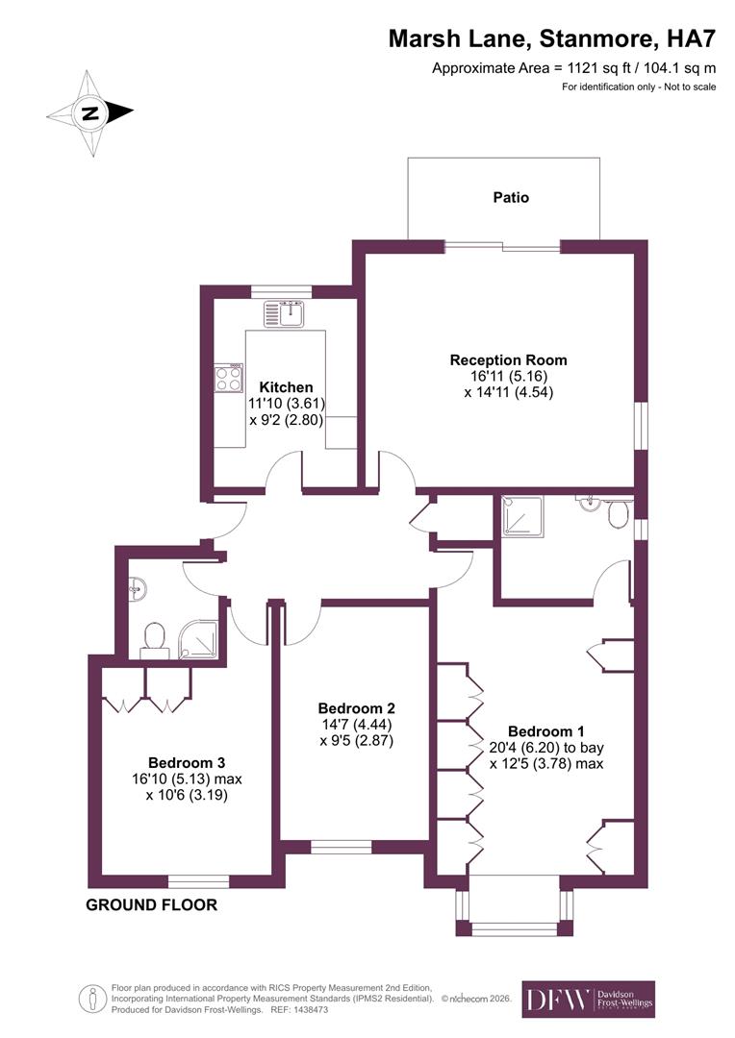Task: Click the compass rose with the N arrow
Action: (x=90, y=112)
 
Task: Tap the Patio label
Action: (x=511, y=197)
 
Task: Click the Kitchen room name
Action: (x=286, y=387)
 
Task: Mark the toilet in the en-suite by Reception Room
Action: (x=620, y=516)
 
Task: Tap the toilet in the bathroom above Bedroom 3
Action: (x=154, y=637)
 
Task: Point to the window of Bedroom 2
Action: (x=341, y=847)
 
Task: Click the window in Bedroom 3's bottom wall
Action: (x=198, y=880)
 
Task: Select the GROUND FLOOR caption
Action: (x=151, y=905)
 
